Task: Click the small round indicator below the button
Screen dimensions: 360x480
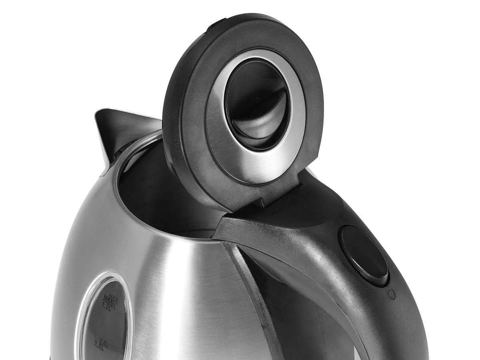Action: (x=392, y=294)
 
